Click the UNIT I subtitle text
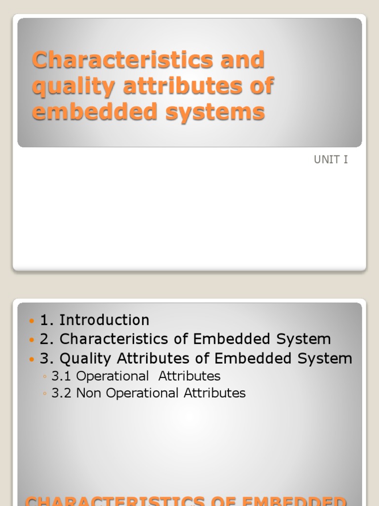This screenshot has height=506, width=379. pyautogui.click(x=331, y=160)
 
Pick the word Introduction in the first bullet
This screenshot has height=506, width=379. pyautogui.click(x=104, y=320)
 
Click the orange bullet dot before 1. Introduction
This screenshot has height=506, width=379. pyautogui.click(x=33, y=321)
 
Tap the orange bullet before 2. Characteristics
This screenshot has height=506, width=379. pyautogui.click(x=33, y=340)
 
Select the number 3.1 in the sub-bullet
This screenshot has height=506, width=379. pyautogui.click(x=62, y=377)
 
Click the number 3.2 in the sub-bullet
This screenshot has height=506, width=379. pyautogui.click(x=62, y=393)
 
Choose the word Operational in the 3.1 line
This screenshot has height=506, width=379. pyautogui.click(x=113, y=377)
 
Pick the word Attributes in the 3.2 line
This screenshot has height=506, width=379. pyautogui.click(x=215, y=393)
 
